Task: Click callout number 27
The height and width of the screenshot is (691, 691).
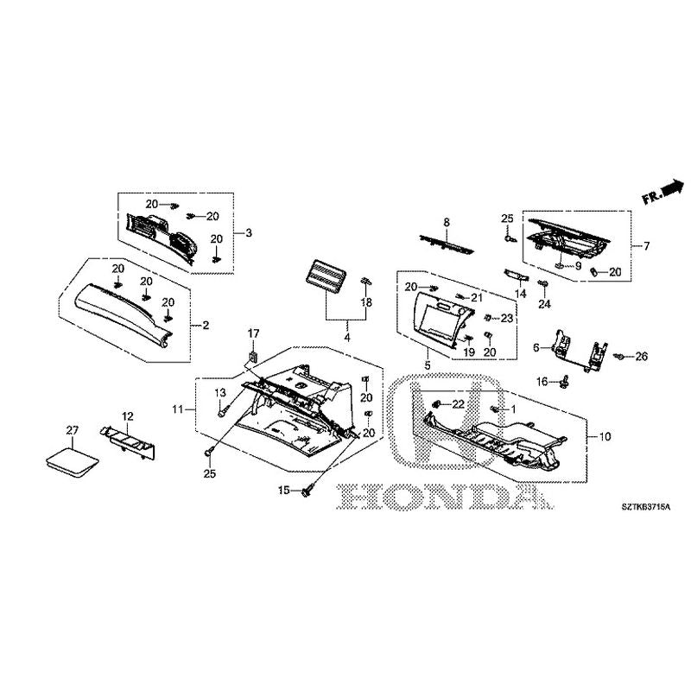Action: (x=72, y=429)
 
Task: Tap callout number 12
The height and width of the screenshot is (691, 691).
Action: (x=127, y=417)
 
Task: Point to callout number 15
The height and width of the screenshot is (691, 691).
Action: (x=282, y=491)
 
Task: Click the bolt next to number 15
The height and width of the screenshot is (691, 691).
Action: (x=307, y=491)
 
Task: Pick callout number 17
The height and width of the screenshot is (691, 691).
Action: (x=254, y=333)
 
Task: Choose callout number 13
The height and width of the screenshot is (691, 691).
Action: (x=219, y=393)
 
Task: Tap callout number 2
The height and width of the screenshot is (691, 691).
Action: (x=206, y=326)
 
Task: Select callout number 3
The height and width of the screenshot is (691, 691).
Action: (x=248, y=233)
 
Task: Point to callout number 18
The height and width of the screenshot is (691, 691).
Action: (x=366, y=303)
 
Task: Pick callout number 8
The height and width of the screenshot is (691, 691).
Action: (x=447, y=223)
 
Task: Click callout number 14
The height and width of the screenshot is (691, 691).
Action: (x=521, y=294)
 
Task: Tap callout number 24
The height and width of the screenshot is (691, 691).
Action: (x=544, y=304)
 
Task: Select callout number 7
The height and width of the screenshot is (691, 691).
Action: (x=645, y=246)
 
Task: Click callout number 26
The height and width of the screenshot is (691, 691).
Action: (x=641, y=356)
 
